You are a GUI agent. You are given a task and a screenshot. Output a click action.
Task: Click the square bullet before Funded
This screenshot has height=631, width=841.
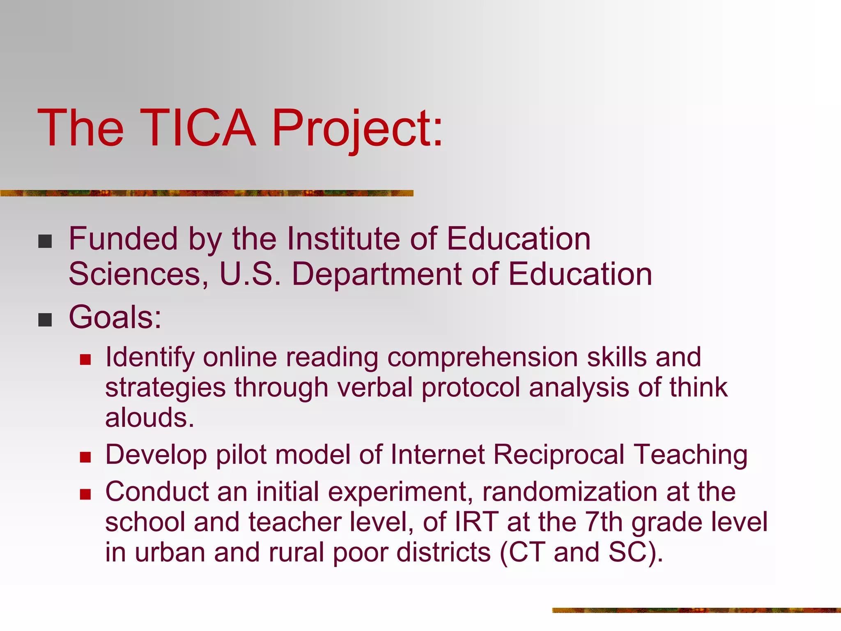45,242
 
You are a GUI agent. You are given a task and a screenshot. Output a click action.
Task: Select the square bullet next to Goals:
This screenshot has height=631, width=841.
45,320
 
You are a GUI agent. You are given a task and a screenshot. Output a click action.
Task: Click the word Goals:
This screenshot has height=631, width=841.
115,317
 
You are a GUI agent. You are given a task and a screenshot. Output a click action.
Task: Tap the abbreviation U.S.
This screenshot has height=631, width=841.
250,274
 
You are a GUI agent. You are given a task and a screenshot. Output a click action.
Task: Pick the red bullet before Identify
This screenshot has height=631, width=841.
85,360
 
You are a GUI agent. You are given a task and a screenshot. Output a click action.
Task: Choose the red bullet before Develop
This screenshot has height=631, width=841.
85,457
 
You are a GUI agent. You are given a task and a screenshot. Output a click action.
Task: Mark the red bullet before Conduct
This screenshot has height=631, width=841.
85,494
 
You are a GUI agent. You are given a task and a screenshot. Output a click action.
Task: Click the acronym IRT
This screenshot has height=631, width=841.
477,522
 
